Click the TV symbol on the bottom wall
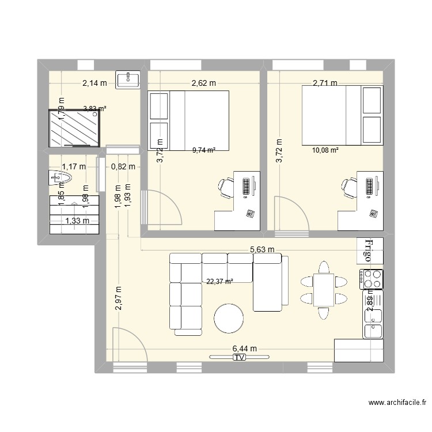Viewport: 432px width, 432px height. [x=239, y=358]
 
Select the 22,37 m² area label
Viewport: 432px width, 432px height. [x=220, y=282]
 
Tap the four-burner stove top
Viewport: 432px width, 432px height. [x=372, y=280]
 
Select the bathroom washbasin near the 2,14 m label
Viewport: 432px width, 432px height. [x=127, y=80]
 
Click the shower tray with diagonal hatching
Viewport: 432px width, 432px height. [x=74, y=128]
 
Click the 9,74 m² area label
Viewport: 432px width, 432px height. [x=204, y=150]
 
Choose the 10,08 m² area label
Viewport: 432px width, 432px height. [x=325, y=150]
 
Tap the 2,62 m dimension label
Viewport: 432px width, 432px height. [x=204, y=83]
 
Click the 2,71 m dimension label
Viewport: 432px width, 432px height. [x=325, y=83]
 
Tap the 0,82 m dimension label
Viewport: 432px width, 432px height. [x=123, y=167]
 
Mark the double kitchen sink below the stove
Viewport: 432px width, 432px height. [x=373, y=323]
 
